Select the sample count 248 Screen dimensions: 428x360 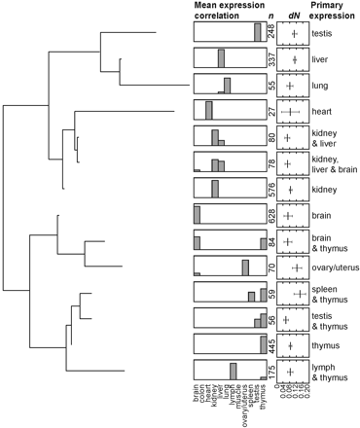pos(271,34)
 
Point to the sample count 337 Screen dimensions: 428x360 pos(271,60)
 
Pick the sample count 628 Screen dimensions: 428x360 pos(271,214)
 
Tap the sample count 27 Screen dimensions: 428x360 pos(271,111)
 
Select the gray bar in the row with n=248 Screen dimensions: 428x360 pos(258,33)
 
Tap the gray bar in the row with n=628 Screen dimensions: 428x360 pos(197,214)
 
